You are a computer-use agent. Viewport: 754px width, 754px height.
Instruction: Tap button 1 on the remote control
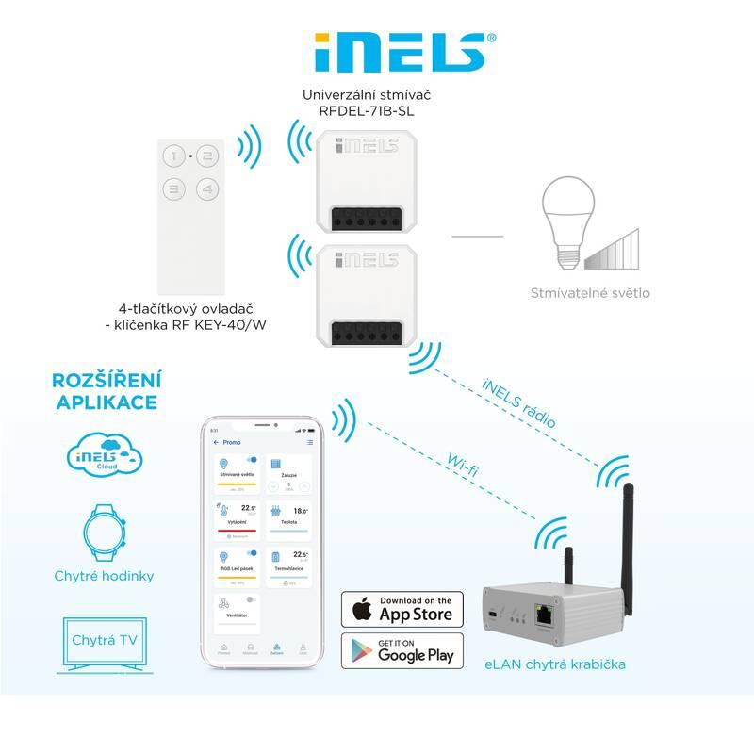[x=174, y=156]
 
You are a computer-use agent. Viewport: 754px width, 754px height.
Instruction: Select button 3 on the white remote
[x=174, y=188]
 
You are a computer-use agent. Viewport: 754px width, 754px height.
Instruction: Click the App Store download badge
[x=402, y=609]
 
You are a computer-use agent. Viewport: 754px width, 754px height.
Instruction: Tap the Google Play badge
[x=402, y=651]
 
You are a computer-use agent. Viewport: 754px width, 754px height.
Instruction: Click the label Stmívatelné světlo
[x=590, y=293]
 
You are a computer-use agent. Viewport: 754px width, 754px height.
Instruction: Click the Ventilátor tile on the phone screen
[x=238, y=610]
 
